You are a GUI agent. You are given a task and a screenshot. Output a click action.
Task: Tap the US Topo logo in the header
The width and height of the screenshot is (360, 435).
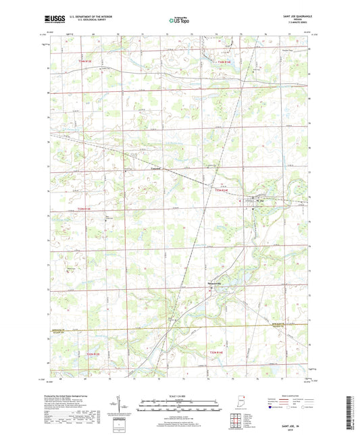pyautogui.click(x=179, y=21)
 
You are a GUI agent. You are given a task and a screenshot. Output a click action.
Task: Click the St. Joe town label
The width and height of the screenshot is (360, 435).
pyautogui.click(x=259, y=200)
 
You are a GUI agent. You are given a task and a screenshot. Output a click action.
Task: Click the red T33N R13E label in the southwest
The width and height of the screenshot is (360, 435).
pyautogui.click(x=93, y=353)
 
